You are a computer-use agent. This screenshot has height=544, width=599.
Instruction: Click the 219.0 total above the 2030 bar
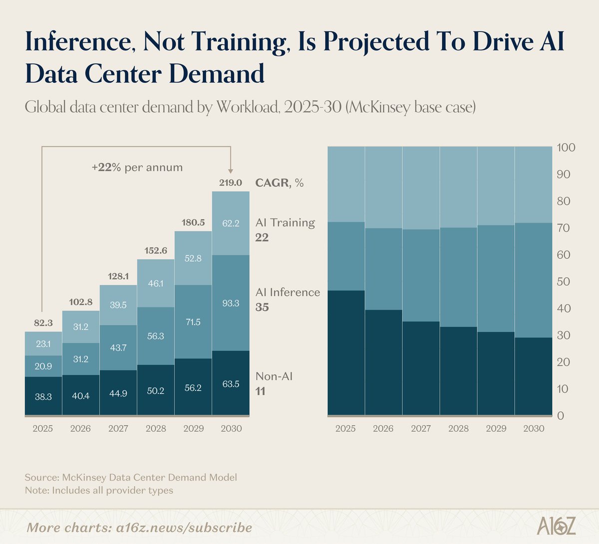tap(231, 182)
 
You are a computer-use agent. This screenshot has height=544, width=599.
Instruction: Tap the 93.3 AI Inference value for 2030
tap(231, 303)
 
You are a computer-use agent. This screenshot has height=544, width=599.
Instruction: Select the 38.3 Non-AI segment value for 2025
tap(43, 396)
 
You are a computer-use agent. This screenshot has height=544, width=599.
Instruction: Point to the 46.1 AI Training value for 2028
tap(156, 283)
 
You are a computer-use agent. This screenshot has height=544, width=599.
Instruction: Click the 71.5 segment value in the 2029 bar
tap(193, 322)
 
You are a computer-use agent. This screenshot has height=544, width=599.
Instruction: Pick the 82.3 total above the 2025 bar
tap(43, 323)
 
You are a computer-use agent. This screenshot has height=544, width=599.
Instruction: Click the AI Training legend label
tap(285, 222)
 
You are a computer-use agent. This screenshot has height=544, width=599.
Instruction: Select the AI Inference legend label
tap(288, 292)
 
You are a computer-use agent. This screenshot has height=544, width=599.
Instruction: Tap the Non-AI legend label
tap(274, 376)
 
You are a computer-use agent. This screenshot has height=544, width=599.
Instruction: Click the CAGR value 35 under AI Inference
tap(262, 307)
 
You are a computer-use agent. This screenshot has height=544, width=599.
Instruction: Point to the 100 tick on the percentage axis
tap(566, 148)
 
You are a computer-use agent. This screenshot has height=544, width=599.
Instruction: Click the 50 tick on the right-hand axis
tap(564, 281)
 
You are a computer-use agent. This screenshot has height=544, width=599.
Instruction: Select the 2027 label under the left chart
tap(118, 428)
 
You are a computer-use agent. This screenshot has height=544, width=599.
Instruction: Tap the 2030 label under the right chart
tap(534, 428)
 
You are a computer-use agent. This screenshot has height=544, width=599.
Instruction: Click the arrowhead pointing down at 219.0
tap(230, 172)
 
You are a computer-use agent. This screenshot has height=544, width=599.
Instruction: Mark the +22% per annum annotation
tap(137, 168)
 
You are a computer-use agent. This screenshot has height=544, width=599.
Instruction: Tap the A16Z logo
tap(556, 526)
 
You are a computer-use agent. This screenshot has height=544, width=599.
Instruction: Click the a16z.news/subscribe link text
tap(184, 528)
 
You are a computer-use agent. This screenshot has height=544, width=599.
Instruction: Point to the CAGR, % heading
tap(279, 182)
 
